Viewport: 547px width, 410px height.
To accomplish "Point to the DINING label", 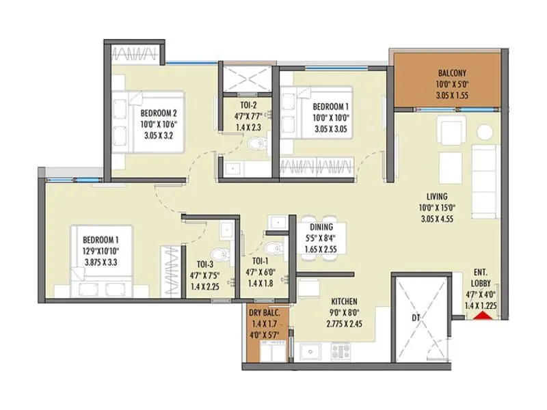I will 321,228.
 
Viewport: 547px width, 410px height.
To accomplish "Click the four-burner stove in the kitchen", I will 341,351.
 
